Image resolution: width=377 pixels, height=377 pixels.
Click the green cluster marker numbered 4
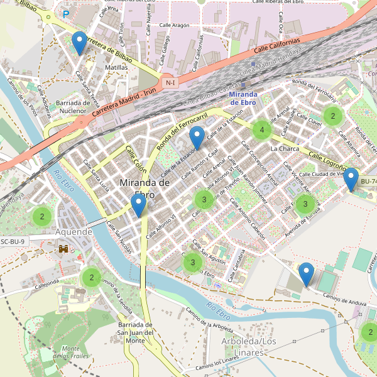pos(261,130)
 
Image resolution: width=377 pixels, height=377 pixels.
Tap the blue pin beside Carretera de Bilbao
pos(79,42)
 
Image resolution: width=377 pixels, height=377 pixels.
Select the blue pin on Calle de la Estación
pos(198,137)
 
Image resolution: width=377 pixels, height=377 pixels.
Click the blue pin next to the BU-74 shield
pos(351,179)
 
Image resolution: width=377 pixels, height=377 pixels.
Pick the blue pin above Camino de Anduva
pos(307,274)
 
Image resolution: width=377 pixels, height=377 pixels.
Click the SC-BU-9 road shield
pos(13,241)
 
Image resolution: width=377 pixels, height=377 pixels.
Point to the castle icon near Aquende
pos(64,249)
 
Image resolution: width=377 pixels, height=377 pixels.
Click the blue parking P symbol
pos(65,13)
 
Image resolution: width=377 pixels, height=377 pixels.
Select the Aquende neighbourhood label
pos(74,232)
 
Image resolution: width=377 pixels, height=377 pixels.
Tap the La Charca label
pos(285,149)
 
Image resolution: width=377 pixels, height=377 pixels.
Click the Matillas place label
pos(117,67)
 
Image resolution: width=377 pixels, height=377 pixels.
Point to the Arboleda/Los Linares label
pos(249,346)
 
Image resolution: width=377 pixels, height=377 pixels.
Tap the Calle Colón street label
pos(136,160)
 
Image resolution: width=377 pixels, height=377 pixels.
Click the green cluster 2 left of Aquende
pos(41,216)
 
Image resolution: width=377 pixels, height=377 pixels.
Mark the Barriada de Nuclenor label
pos(74,107)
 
